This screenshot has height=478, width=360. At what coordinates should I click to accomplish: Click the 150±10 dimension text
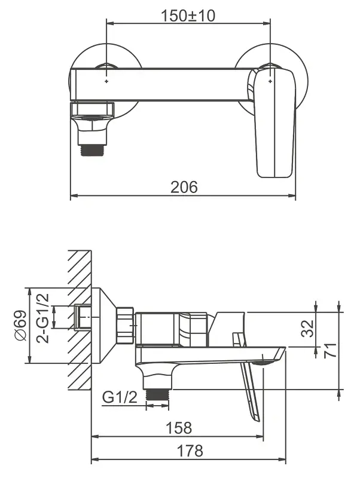188,16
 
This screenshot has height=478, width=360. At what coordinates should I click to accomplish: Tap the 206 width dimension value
184,187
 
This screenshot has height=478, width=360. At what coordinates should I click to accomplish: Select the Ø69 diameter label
20,326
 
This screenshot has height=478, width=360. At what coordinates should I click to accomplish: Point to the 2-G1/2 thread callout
42,318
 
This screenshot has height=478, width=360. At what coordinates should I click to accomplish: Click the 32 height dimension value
307,328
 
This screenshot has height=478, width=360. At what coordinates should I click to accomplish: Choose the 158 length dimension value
179,428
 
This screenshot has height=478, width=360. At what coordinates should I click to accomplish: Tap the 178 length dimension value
190,451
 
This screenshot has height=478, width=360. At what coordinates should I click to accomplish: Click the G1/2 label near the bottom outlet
120,397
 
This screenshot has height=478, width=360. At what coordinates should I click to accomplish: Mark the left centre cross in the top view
106,81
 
